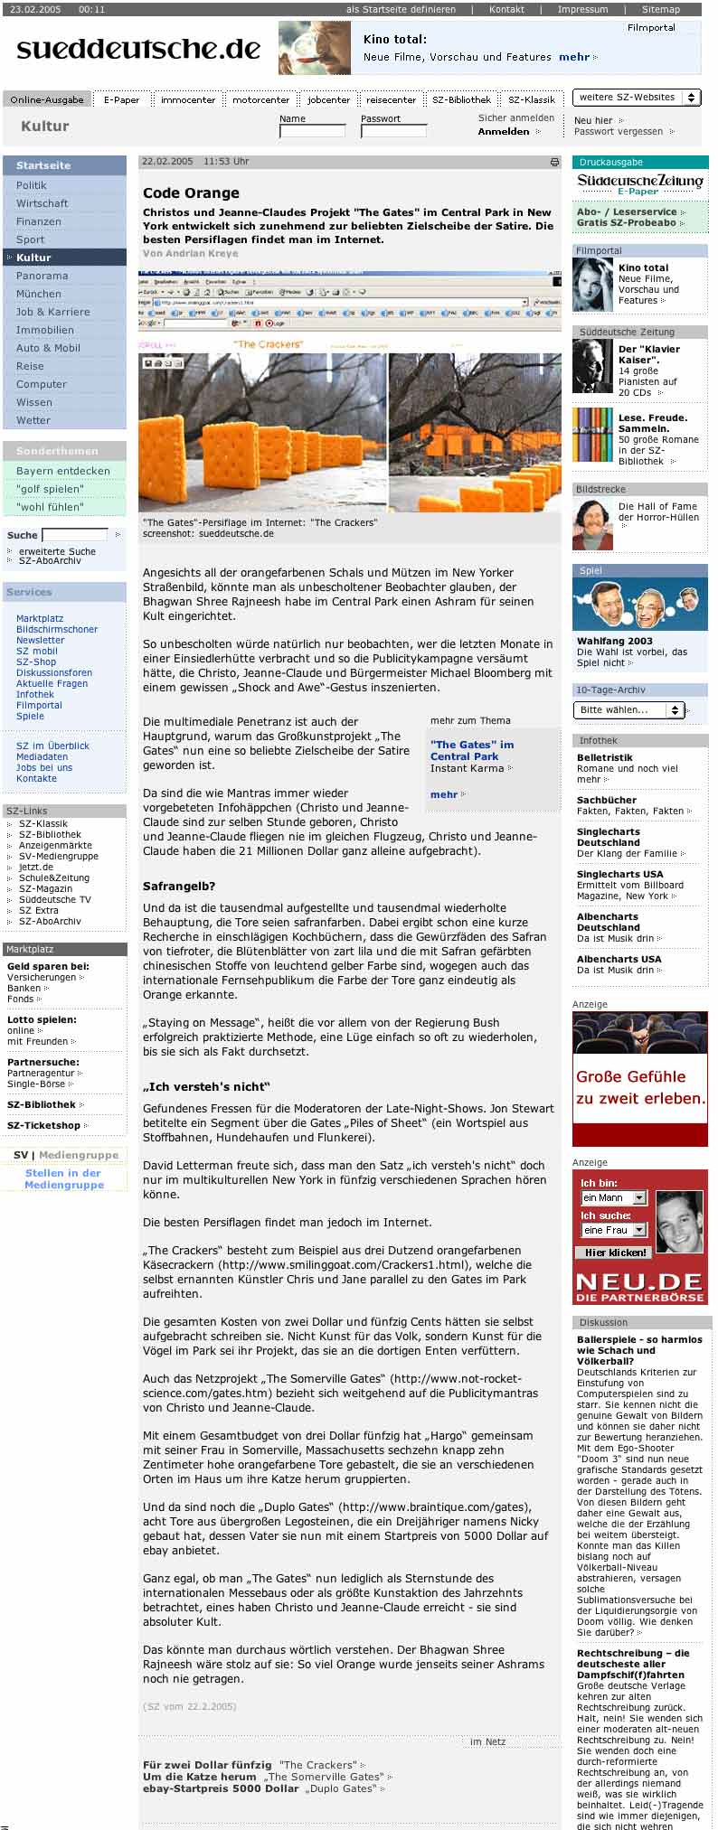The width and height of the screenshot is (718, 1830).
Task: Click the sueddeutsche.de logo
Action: coord(138,48)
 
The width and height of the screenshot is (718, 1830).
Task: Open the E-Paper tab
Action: coord(121,100)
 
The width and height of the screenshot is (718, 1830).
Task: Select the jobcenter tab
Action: coord(328,100)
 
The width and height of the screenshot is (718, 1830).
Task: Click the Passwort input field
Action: coord(393,132)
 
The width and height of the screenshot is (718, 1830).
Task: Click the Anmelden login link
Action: coord(504,132)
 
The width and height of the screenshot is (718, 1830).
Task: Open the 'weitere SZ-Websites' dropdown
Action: coord(637,98)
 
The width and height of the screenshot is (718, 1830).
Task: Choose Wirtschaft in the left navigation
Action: coord(42,203)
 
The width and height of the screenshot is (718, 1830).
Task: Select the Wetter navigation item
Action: coord(33,420)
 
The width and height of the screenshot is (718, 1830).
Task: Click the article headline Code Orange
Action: coord(191,192)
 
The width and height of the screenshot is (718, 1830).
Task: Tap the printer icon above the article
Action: coord(554,163)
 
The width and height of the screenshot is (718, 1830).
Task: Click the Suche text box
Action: coord(75,535)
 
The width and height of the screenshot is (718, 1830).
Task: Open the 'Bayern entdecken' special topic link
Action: coord(63,471)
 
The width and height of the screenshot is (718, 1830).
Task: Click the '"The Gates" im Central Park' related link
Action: coord(471,750)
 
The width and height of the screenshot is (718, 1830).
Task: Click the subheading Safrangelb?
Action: coord(179,887)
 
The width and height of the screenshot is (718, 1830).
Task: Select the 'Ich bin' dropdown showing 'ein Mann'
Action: coord(614,1197)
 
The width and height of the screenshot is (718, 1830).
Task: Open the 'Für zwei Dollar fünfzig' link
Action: coord(207,1765)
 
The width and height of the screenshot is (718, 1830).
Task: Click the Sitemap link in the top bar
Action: coord(660,9)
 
